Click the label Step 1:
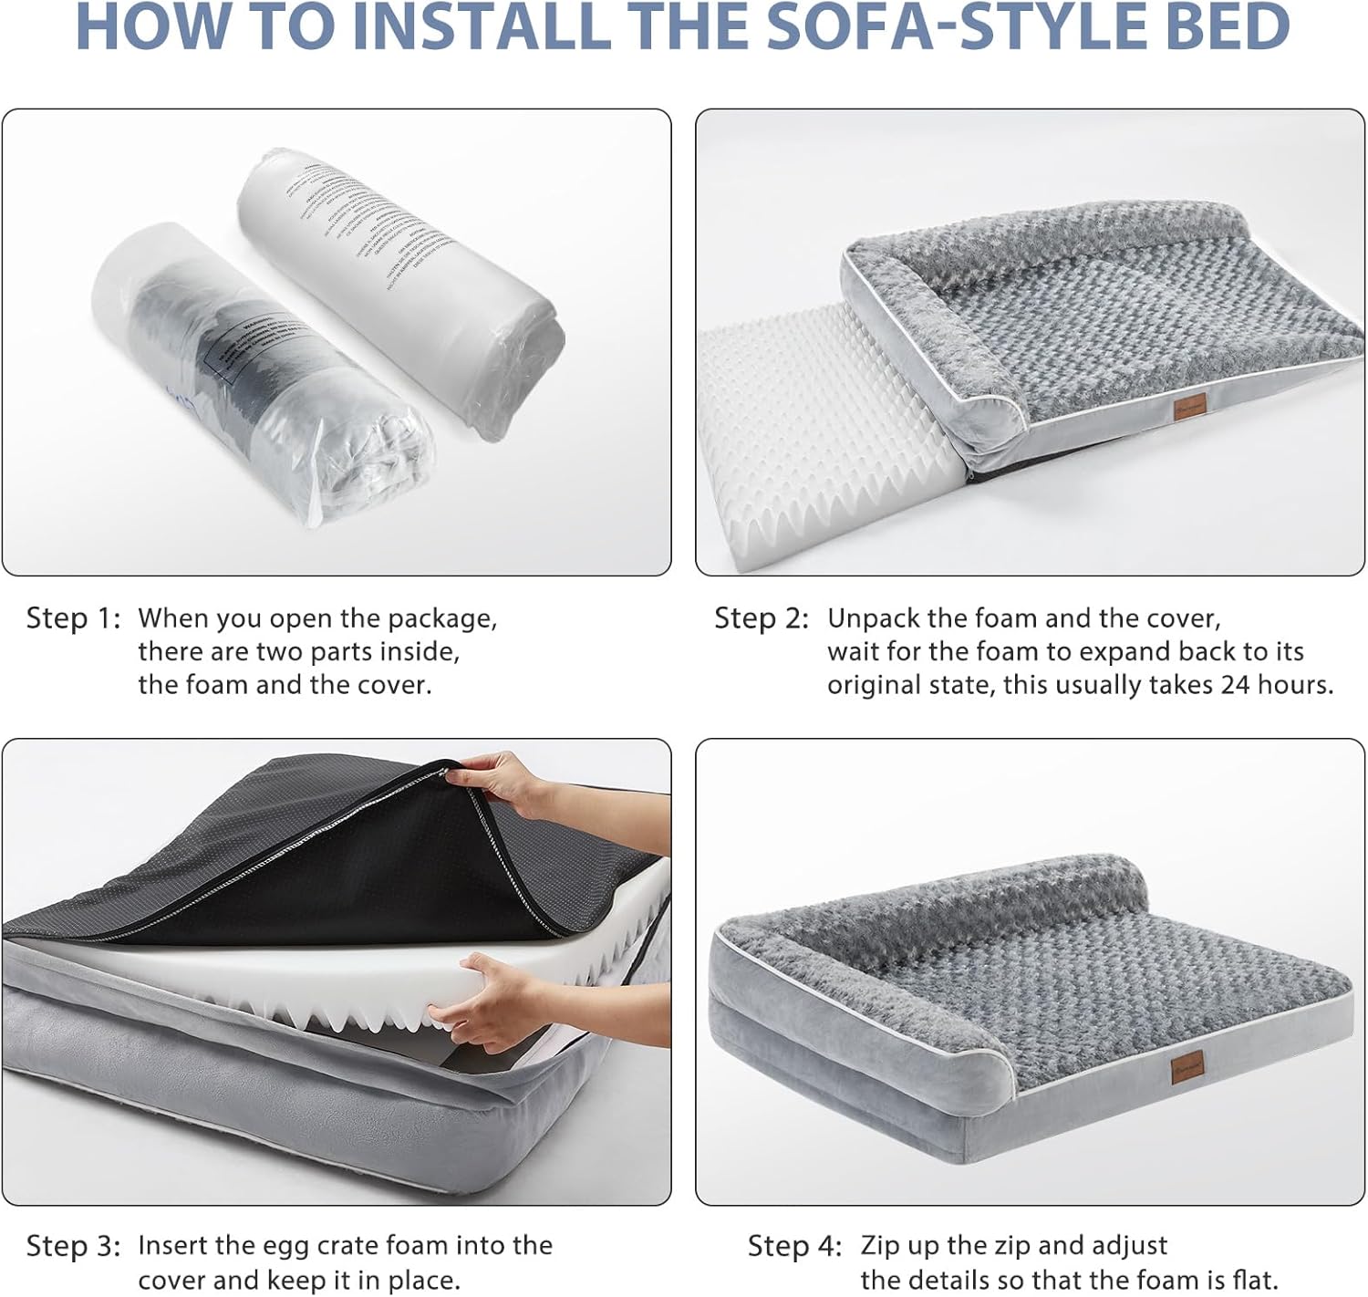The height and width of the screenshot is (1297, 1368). pos(73,618)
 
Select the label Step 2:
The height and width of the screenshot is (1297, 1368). pos(762,618)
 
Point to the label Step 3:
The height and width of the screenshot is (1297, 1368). pos(73,1246)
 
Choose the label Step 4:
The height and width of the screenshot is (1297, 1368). pos(795,1246)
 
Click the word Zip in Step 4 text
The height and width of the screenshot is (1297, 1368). pos(876,1246)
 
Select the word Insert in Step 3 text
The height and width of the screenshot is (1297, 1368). pos(179,1246)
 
